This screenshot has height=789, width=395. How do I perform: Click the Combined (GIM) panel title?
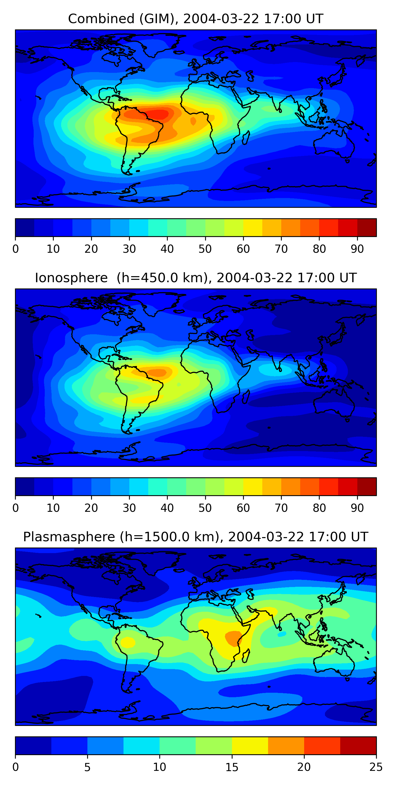click(x=195, y=19)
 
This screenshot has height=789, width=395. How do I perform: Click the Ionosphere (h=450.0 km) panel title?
click(x=195, y=278)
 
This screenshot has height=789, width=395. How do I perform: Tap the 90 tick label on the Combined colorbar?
click(x=357, y=249)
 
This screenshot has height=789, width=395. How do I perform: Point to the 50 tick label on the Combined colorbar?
click(x=205, y=249)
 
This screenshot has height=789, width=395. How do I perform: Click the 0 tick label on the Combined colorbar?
click(x=16, y=249)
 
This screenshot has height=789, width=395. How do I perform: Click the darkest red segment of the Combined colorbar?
click(x=367, y=227)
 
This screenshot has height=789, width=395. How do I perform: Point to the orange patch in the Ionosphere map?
click(x=157, y=372)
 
